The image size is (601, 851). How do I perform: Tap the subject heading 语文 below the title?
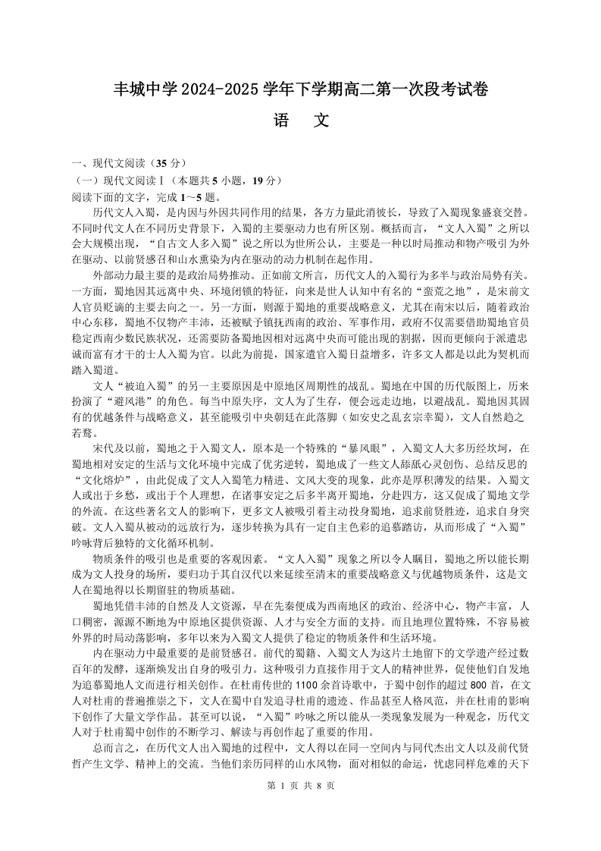(300, 121)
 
